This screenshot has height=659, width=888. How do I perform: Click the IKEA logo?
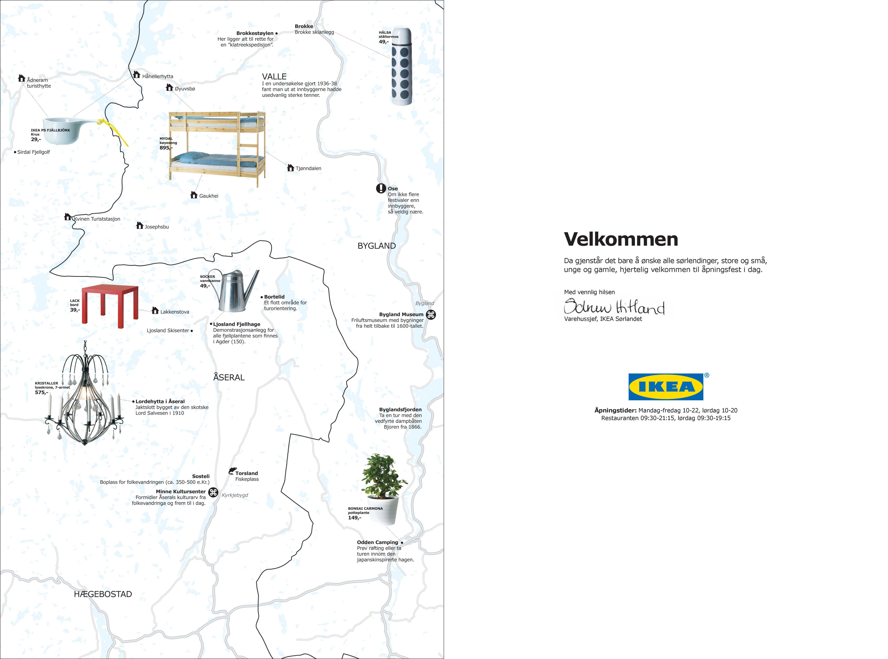tap(666, 387)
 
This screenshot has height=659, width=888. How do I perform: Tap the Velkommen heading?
tap(621, 239)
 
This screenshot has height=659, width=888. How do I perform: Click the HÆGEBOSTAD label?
tap(103, 594)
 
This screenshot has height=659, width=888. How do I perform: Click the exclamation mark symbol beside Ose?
tap(381, 188)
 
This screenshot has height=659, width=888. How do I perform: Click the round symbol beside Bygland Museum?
tap(431, 315)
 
